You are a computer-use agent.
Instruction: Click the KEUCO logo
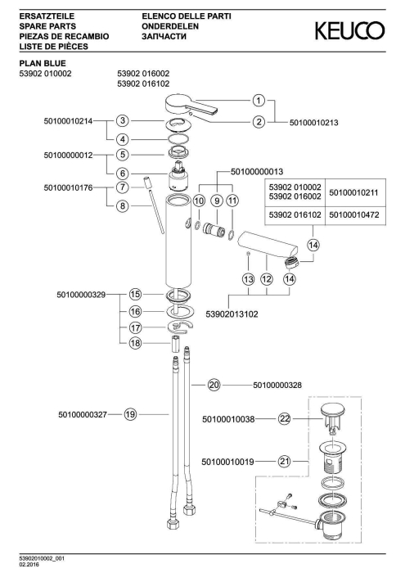tap(349, 31)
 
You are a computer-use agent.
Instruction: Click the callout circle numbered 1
tap(259, 101)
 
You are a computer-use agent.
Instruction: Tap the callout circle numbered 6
tap(123, 174)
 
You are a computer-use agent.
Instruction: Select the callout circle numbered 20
tap(214, 385)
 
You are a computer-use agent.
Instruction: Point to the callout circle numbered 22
tap(285, 418)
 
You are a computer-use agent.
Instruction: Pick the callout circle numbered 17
tap(136, 327)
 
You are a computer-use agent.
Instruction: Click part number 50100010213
tap(314, 123)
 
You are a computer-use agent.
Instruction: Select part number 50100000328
tap(277, 386)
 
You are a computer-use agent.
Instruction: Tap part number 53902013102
tap(232, 314)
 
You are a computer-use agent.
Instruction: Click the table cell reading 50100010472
tap(354, 214)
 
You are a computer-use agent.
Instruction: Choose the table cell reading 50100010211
tap(354, 192)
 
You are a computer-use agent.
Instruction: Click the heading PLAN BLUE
tap(43, 64)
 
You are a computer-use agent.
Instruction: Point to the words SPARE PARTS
tap(47, 26)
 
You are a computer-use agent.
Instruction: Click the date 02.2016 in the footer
tap(29, 565)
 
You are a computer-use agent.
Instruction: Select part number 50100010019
tap(228, 462)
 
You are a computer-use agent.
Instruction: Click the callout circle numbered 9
tap(217, 201)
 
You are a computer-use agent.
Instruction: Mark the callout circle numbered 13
tap(249, 280)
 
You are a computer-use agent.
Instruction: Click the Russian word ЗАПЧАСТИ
tap(164, 37)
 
